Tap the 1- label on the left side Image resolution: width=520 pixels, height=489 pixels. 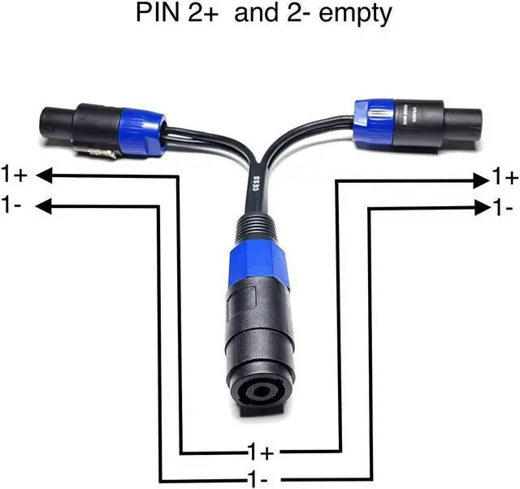point(12,205)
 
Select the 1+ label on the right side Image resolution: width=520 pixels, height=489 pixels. point(505,176)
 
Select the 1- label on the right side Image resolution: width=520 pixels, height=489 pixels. point(504,209)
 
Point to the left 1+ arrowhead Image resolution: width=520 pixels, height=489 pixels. point(45,174)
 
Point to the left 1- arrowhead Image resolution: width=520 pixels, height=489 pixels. point(45,206)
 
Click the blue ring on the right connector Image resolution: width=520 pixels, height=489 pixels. point(376,119)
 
